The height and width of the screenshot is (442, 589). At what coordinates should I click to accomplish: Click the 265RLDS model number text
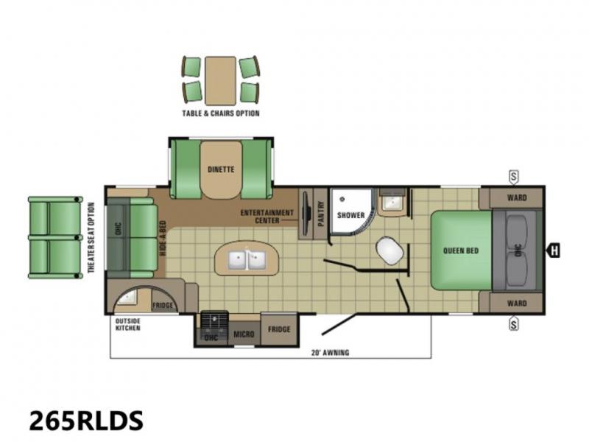(86, 420)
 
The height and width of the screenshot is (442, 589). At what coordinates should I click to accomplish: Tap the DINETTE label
(221, 169)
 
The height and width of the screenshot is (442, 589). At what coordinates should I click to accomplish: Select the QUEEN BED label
(461, 250)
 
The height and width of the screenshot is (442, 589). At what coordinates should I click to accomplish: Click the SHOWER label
(351, 215)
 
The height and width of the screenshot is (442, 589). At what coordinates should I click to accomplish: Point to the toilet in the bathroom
(390, 250)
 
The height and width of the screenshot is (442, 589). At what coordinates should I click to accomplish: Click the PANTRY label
(321, 214)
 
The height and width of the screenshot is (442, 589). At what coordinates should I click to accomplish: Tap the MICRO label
(244, 334)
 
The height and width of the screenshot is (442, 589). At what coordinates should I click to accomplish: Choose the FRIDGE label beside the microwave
(279, 329)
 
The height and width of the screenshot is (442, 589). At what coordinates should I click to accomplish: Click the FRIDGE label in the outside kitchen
(163, 305)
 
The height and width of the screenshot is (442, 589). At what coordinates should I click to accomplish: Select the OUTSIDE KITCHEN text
(127, 325)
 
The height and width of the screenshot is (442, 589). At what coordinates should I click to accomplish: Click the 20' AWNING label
(330, 353)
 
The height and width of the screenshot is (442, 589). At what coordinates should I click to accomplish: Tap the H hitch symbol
(554, 250)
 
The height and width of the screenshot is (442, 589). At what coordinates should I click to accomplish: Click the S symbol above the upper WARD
(513, 177)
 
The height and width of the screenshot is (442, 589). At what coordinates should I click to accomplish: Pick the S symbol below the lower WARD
(513, 323)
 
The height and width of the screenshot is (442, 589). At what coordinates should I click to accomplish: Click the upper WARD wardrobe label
(517, 197)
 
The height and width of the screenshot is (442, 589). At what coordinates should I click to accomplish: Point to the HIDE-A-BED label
(163, 238)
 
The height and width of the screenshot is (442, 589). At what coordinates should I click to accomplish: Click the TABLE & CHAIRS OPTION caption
(221, 113)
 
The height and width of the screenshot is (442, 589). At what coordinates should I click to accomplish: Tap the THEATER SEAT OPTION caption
(91, 237)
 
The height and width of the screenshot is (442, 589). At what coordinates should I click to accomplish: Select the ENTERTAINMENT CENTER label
(267, 217)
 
